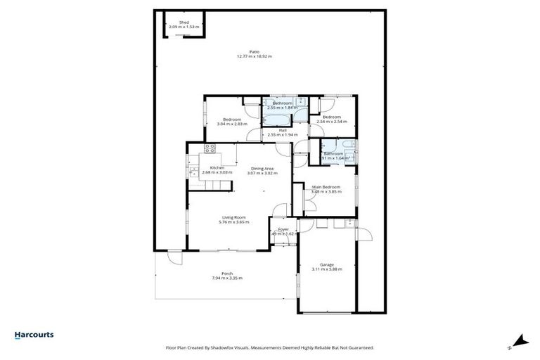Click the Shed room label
pos(184,22)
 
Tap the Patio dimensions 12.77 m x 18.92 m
pos(254,56)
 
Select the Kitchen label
pos(217,168)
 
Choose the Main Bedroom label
pos(326,187)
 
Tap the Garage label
pos(327,265)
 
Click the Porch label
pos(227,273)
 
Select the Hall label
pos(282,130)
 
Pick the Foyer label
pos(284,229)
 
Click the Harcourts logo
pos(34,335)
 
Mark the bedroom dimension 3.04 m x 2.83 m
pos(232,124)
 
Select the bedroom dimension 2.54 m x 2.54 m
pos(332,122)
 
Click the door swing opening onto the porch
pos(174,257)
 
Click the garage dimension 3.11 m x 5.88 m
pos(327,270)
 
